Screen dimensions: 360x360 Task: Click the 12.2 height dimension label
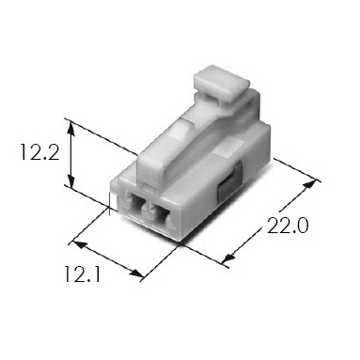pyautogui.click(x=39, y=152)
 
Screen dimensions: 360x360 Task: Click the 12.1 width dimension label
pyautogui.click(x=83, y=274)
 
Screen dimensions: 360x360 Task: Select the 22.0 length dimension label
pyautogui.click(x=288, y=226)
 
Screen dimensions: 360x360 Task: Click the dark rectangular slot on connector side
pyautogui.click(x=230, y=182)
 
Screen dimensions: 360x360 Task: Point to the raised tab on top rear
pyautogui.click(x=222, y=82)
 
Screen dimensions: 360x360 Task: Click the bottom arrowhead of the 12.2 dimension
pyautogui.click(x=71, y=181)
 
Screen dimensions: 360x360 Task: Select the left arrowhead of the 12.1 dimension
pyautogui.click(x=80, y=244)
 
